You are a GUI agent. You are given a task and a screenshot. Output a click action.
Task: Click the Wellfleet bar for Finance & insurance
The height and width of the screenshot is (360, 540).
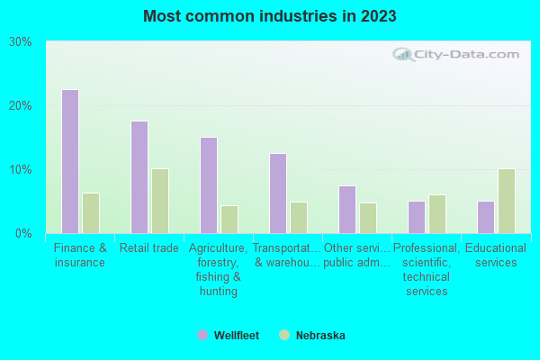click(x=70, y=162)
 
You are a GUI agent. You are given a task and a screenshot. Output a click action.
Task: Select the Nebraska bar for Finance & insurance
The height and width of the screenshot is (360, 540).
click(x=91, y=213)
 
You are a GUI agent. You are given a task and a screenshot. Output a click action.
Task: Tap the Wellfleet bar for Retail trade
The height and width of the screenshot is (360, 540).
click(x=139, y=177)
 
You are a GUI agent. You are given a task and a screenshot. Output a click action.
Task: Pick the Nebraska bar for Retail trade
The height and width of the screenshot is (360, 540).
click(x=160, y=201)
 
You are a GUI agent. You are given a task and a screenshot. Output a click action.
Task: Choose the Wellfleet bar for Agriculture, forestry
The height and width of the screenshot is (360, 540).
click(x=209, y=185)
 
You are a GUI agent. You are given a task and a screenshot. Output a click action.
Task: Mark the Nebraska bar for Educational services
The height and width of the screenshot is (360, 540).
click(x=507, y=201)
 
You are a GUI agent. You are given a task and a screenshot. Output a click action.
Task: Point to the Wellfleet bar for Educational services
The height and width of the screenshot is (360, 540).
click(x=486, y=217)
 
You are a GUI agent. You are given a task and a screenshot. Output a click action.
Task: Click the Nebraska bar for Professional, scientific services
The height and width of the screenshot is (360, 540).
click(x=437, y=214)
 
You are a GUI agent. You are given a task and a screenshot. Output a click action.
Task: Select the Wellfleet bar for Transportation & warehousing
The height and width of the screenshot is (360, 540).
click(x=278, y=193)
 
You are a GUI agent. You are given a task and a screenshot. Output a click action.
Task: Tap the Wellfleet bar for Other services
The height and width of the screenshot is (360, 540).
click(x=347, y=210)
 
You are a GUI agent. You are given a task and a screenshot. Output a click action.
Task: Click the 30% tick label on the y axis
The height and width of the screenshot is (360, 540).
click(x=21, y=42)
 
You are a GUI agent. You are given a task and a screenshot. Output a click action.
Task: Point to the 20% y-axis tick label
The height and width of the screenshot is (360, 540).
click(x=21, y=106)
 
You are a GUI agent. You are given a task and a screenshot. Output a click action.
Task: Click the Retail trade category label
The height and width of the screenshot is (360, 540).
click(x=149, y=248)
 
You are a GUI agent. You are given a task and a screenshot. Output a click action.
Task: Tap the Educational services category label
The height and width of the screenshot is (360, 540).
click(x=496, y=256)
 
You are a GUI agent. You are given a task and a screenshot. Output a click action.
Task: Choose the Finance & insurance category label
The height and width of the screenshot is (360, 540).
click(x=80, y=256)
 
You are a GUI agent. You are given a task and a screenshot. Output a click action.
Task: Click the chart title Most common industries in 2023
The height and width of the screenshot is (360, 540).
click(x=269, y=16)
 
